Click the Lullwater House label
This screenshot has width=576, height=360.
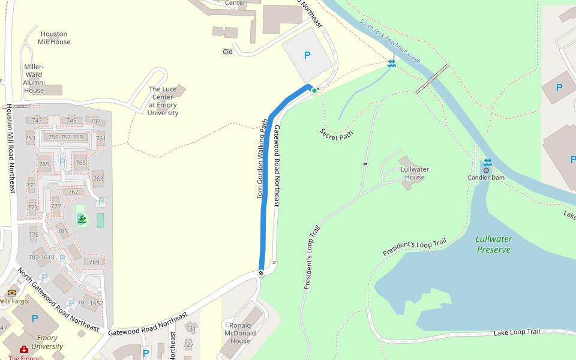[415, 173]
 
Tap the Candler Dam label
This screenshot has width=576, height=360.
[486, 178]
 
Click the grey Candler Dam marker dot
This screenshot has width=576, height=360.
[486, 170]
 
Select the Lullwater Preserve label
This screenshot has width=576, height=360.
[493, 244]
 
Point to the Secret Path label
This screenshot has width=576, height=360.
[336, 134]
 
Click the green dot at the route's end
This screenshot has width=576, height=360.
[314, 91]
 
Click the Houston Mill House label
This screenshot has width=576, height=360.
[54, 38]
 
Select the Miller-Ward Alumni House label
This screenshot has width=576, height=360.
[34, 79]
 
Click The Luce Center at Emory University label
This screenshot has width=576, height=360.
[163, 101]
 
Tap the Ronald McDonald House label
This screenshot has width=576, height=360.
[240, 333]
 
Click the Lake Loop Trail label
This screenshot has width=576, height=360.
[517, 332]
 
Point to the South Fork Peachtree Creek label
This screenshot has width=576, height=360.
[390, 43]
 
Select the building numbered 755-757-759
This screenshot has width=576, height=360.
[65, 137]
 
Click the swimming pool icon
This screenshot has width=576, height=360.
[82, 220]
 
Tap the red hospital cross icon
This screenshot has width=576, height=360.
[24, 349]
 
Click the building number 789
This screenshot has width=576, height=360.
[94, 262]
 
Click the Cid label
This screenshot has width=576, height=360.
[227, 52]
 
